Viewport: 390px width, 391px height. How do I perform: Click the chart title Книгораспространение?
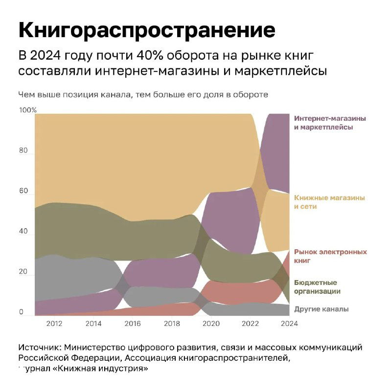coord(147,30)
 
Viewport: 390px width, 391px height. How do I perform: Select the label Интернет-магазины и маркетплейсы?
coord(330,123)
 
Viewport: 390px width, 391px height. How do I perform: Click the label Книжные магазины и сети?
coord(329,202)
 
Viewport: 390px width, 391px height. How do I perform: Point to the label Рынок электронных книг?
coord(330,256)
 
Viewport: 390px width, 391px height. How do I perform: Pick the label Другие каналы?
coord(321,309)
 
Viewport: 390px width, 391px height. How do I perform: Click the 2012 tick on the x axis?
coord(54,323)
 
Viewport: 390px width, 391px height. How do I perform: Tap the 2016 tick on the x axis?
coord(133,323)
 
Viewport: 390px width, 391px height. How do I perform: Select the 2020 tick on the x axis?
coord(211,323)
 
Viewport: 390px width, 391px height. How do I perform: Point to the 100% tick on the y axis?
coord(28,110)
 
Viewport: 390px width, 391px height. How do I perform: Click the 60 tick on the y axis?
coord(23,191)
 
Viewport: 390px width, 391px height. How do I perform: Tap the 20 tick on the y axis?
coord(23,272)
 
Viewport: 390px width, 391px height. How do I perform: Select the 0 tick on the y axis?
coord(22,312)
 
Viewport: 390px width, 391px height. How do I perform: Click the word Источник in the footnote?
coord(40,348)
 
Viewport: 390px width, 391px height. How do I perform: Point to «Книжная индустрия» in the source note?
coord(102,368)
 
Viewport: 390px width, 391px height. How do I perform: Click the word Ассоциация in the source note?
coord(150,358)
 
